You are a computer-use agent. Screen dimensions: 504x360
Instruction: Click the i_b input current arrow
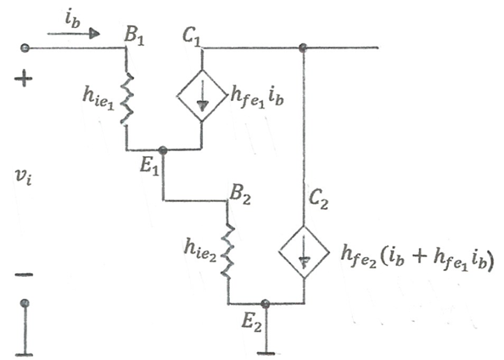click(x=74, y=33)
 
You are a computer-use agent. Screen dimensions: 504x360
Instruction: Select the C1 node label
click(x=192, y=37)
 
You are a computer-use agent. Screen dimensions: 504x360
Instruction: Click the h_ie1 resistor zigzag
click(x=127, y=98)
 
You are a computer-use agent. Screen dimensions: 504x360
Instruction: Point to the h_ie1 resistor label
click(x=98, y=98)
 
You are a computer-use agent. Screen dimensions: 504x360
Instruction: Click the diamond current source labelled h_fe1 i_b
click(x=202, y=96)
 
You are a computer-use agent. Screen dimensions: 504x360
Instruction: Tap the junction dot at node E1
click(x=163, y=150)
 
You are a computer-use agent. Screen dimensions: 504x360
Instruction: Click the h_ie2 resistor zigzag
click(x=228, y=251)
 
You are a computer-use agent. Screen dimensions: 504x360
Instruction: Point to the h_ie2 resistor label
click(x=200, y=250)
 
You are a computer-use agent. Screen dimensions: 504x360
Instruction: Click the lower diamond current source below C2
click(x=304, y=252)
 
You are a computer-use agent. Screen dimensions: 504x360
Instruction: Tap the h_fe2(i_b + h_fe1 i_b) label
click(x=417, y=259)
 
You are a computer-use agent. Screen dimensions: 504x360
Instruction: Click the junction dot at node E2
click(x=265, y=303)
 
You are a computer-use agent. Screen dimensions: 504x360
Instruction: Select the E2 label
click(x=252, y=323)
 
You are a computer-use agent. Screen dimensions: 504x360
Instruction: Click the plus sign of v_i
click(x=24, y=78)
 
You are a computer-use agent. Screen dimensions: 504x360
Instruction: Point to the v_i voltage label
click(x=24, y=177)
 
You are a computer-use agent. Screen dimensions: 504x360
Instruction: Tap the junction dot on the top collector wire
click(x=302, y=48)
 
